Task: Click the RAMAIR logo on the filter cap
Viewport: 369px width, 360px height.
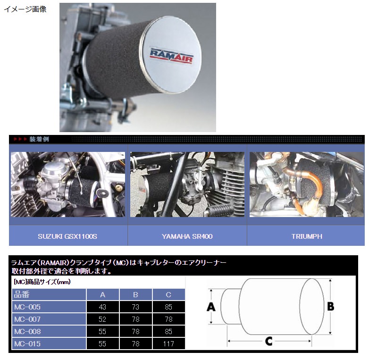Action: (172, 56)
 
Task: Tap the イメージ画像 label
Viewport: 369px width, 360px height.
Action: (25, 9)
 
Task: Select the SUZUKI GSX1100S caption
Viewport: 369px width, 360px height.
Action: (67, 236)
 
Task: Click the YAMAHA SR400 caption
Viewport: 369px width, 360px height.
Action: (187, 236)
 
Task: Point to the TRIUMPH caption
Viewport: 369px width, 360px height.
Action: (307, 236)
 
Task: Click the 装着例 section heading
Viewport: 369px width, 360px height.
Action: (39, 139)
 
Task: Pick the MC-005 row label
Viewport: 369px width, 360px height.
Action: (27, 307)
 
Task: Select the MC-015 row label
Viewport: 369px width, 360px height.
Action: (27, 344)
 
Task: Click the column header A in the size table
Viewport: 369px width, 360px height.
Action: (102, 294)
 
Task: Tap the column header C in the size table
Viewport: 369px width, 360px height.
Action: (168, 294)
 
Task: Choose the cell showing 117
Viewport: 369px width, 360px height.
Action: (168, 344)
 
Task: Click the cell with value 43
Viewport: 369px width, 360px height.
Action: (102, 307)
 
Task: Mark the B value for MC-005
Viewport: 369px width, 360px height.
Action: (135, 307)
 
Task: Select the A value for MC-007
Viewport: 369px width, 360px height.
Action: (102, 319)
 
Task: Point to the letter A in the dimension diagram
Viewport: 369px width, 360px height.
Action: (211, 307)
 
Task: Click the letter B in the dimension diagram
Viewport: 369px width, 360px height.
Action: (331, 306)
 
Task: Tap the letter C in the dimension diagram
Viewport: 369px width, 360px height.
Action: (269, 341)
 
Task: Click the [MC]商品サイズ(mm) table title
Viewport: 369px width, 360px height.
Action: (42, 282)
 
